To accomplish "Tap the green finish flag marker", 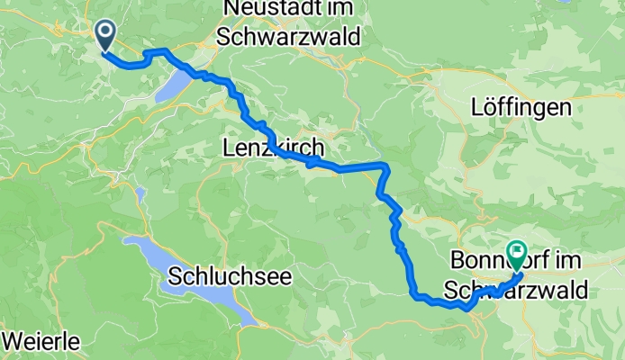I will pyautogui.click(x=518, y=253).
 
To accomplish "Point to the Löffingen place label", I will pyautogui.click(x=521, y=108).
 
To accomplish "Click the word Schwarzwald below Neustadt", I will pyautogui.click(x=288, y=37).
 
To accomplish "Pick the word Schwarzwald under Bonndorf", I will pyautogui.click(x=515, y=290).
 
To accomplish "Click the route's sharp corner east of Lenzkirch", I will pyautogui.click(x=385, y=166).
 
